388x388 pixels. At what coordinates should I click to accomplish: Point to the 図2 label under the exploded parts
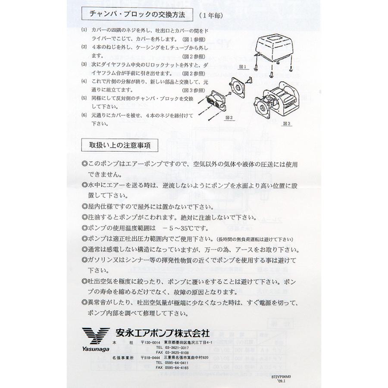pos(229,117)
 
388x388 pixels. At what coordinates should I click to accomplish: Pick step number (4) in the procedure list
pos(84,81)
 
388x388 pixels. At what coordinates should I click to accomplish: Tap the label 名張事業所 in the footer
pos(123,357)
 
